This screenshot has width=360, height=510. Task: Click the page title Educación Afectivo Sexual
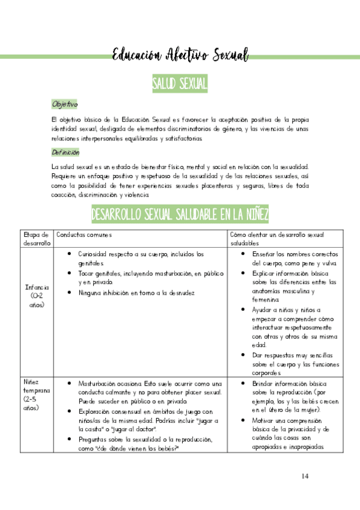click(180, 56)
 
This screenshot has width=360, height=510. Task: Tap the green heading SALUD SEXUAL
click(180, 84)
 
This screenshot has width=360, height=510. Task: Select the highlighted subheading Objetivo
click(64, 104)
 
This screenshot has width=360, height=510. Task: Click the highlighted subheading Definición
click(66, 152)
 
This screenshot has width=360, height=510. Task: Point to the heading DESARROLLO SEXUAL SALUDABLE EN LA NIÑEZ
click(180, 214)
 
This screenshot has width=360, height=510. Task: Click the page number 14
click(305, 476)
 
